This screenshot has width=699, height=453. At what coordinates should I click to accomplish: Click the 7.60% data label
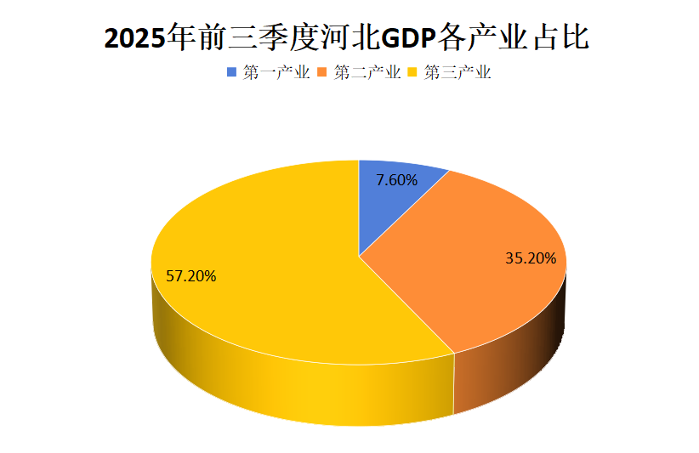pos(396,180)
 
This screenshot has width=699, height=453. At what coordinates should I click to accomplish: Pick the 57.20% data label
pos(191,276)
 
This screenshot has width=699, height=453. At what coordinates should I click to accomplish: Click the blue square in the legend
pos(232,73)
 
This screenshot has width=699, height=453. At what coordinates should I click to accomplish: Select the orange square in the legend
pos(323,73)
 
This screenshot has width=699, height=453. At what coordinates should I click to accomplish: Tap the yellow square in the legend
pos(414,73)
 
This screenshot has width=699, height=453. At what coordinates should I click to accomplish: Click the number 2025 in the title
pos(135,38)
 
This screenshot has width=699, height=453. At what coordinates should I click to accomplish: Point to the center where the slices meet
pos(359,255)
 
